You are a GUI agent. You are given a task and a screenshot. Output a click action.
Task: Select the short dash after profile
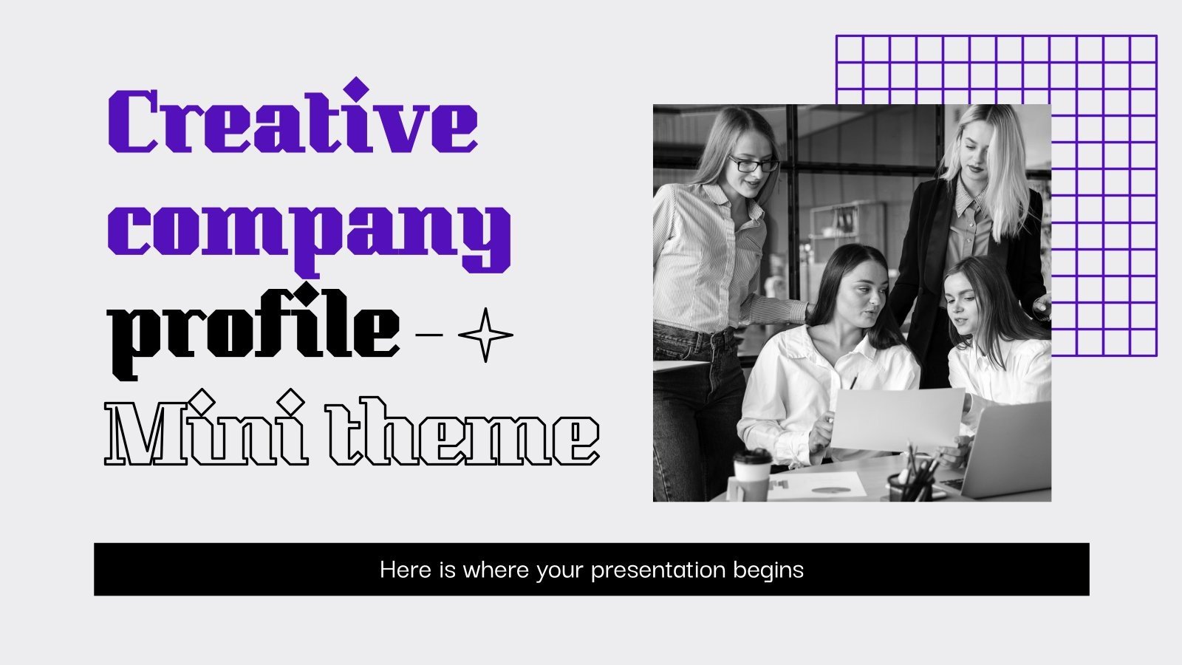point(430,335)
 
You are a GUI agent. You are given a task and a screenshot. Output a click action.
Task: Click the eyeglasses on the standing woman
point(753,164)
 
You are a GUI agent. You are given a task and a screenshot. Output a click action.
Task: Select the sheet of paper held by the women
point(897,418)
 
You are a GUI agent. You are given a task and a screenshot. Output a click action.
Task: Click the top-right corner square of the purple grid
point(1143,49)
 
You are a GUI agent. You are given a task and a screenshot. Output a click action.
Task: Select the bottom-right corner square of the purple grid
point(1143,341)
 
